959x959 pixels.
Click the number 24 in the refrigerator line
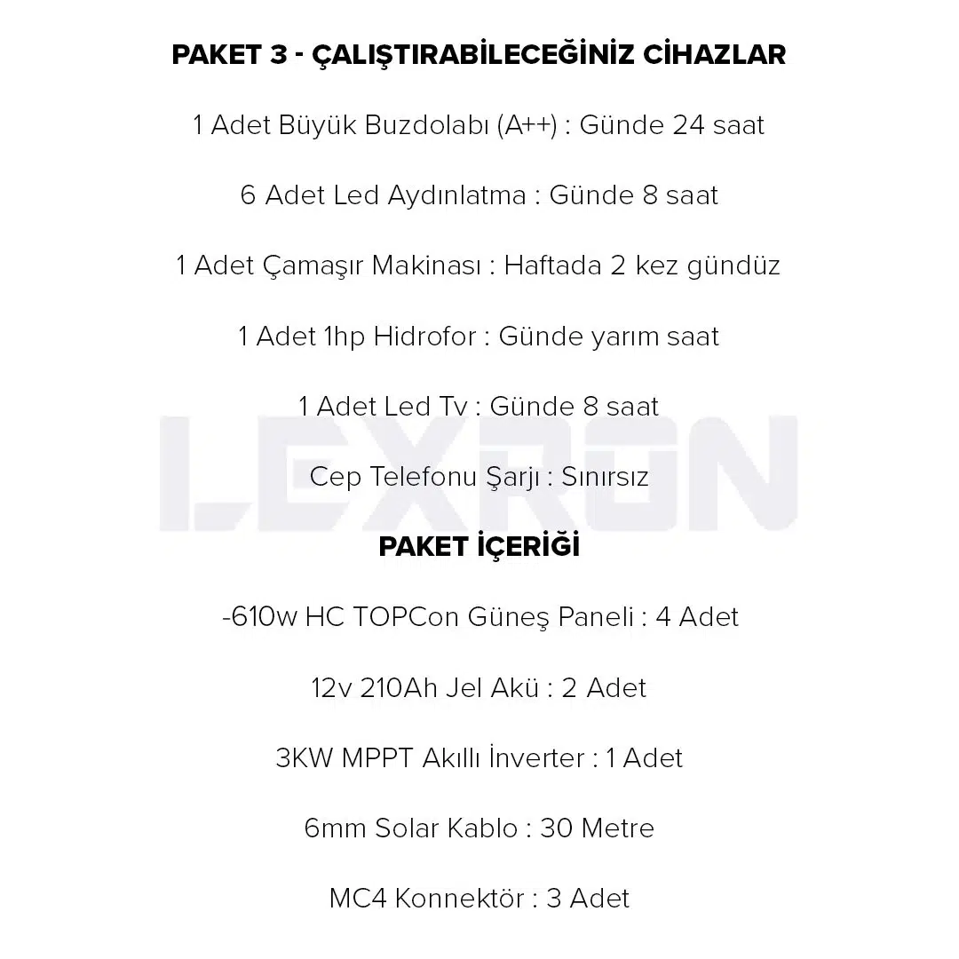point(688,125)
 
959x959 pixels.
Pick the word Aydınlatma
point(456,195)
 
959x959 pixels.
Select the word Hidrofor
point(424,337)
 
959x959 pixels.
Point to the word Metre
point(617,828)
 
